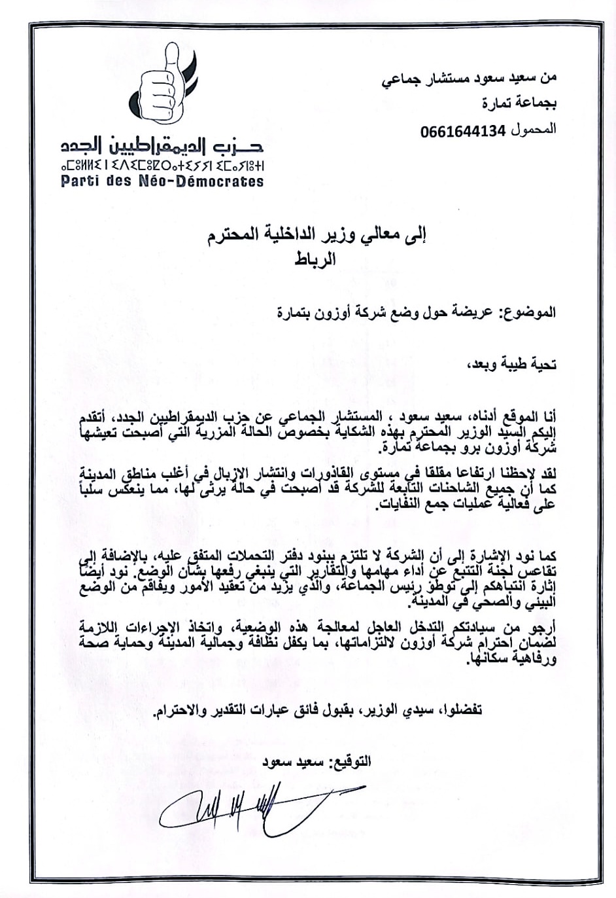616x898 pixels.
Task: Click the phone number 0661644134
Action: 464,131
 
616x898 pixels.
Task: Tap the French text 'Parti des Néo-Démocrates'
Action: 162,181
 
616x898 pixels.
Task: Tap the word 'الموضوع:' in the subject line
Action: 529,312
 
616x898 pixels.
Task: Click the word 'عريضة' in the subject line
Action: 480,312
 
